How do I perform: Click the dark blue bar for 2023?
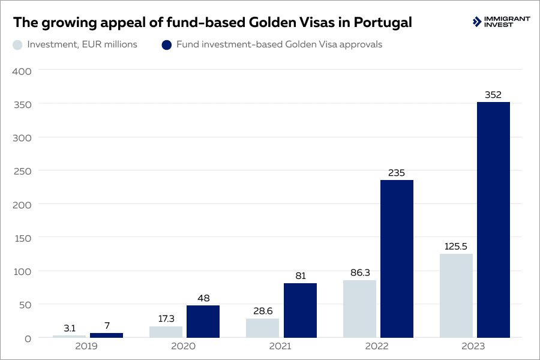pos(493,220)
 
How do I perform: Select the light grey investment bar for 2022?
pos(359,308)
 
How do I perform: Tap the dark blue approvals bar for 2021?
pos(300,310)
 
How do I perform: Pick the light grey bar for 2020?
pos(166,332)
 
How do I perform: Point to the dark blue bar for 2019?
pos(106,335)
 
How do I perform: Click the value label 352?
pos(493,94)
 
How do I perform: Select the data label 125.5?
pos(456,246)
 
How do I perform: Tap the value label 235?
pos(397,173)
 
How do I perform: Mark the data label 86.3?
pos(359,272)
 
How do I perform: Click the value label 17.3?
pos(166,319)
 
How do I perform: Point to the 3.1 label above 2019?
pos(69,328)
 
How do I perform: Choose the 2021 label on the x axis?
pos(281,347)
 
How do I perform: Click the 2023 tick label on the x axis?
pos(475,347)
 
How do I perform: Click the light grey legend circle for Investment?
pos(18,44)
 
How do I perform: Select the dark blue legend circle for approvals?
pos(167,44)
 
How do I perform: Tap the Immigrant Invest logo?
pos(501,22)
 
